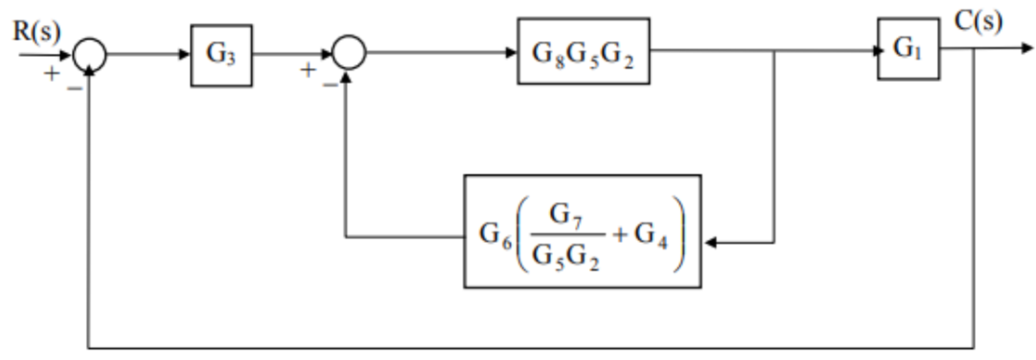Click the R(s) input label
click(36, 31)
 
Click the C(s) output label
click(977, 22)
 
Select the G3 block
click(221, 55)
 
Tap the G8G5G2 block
click(583, 52)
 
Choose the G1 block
click(908, 49)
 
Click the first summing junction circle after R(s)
click(89, 54)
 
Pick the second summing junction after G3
click(348, 52)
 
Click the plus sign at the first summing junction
click(51, 74)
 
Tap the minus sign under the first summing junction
click(74, 88)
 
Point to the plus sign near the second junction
click(308, 70)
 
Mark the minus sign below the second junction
click(330, 84)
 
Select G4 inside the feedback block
click(650, 234)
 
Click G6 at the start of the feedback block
click(495, 234)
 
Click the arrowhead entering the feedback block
click(710, 242)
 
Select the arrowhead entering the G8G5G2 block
click(511, 52)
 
